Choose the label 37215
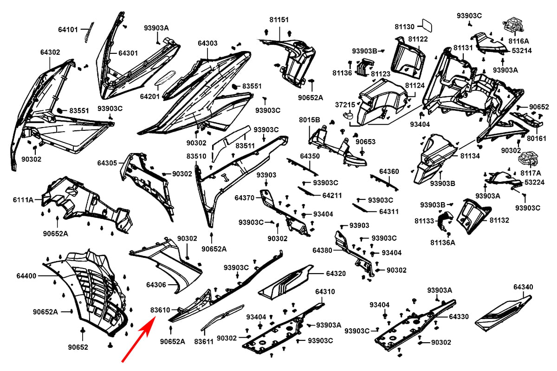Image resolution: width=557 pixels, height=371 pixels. point(345,105)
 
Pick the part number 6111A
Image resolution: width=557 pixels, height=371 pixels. point(23,200)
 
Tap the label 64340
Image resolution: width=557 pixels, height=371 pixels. point(523,287)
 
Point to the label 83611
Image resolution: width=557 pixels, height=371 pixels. point(203,342)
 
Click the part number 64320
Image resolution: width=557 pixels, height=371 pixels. point(336,274)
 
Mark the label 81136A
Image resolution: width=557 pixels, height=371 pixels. point(442,242)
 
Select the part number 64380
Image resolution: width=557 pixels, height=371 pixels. point(322,250)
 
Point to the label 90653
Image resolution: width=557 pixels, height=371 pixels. point(366,141)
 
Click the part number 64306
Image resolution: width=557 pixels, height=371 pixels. point(156,284)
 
